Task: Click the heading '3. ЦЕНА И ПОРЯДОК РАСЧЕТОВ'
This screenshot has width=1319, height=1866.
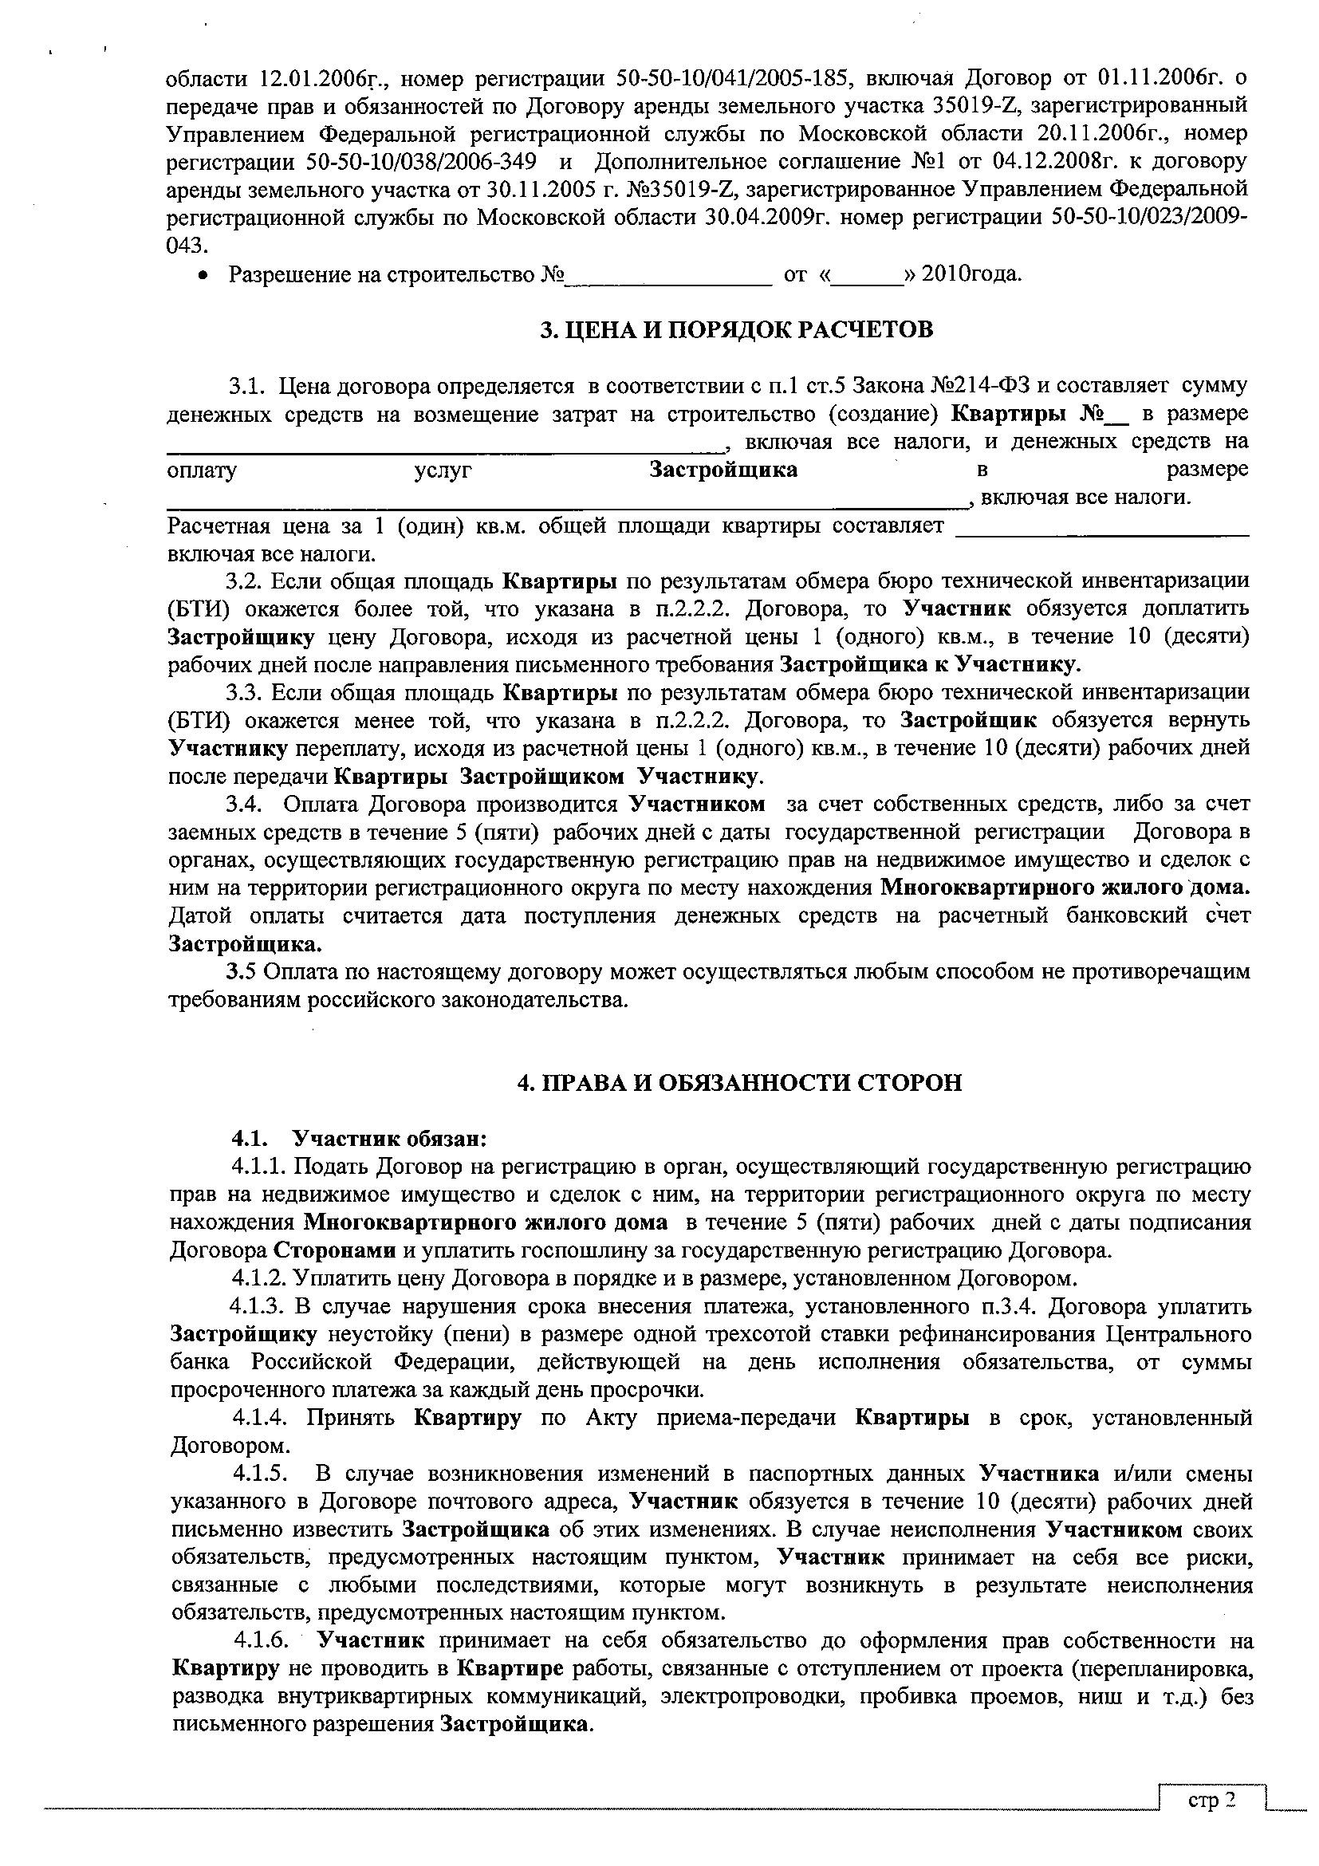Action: click(736, 330)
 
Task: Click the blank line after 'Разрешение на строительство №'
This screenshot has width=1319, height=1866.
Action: click(668, 275)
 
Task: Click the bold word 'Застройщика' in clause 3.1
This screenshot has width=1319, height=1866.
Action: click(722, 470)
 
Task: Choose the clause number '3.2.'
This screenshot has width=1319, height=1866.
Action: click(245, 582)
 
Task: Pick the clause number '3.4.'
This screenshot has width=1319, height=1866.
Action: click(245, 805)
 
